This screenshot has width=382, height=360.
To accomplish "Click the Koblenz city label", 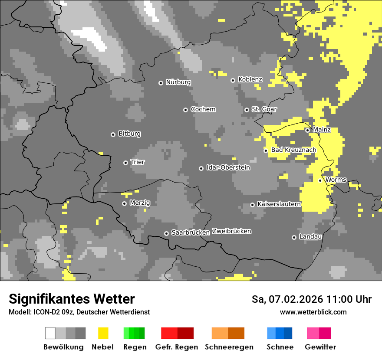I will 250,79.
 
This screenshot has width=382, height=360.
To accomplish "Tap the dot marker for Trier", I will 125,163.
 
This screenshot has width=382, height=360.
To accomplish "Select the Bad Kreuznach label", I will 293,150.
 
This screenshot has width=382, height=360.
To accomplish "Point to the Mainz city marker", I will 307,130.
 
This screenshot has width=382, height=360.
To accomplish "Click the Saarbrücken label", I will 191,232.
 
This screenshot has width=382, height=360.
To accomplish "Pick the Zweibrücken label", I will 231,231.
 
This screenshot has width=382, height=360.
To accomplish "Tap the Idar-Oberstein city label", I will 228,167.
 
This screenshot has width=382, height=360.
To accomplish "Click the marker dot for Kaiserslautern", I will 252,205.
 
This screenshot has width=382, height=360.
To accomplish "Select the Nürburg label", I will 178,82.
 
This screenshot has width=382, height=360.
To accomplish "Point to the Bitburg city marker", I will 113,134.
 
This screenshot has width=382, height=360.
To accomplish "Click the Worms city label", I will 336,180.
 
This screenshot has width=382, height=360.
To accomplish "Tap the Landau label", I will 310,237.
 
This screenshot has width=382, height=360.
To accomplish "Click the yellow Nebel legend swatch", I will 103,333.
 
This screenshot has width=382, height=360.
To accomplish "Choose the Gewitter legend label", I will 320,347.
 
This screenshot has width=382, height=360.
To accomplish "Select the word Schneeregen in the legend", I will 229,347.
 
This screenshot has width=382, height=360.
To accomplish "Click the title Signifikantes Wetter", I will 72,299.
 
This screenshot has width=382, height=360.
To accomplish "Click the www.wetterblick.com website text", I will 313,312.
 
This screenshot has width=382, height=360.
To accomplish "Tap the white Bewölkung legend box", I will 50,333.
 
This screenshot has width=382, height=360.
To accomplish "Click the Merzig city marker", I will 124,203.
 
